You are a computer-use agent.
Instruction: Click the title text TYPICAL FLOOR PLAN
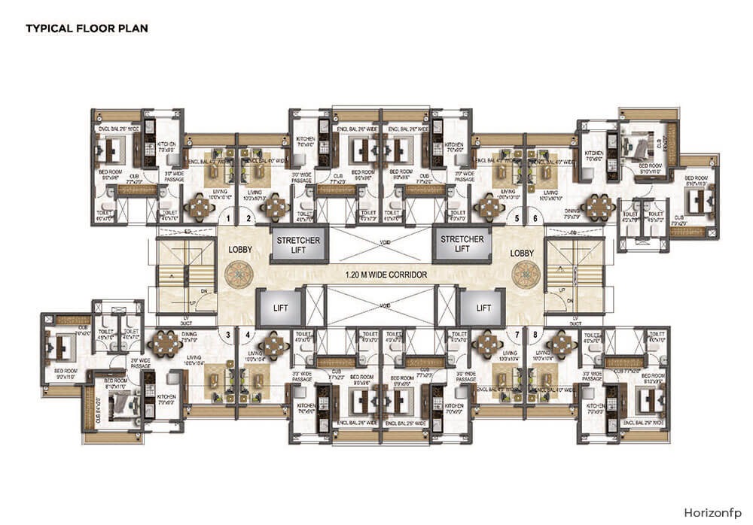pyautogui.click(x=87, y=29)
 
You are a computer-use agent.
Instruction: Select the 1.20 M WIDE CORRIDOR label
pyautogui.click(x=376, y=275)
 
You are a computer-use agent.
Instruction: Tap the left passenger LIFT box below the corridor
pyautogui.click(x=280, y=308)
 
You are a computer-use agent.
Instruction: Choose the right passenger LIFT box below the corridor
pyautogui.click(x=483, y=308)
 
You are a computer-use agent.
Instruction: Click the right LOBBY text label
pyautogui.click(x=523, y=254)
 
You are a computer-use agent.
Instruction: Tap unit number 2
pyautogui.click(x=248, y=219)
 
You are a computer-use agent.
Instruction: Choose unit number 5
pyautogui.click(x=517, y=219)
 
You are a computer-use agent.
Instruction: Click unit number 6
pyautogui.click(x=535, y=219)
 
